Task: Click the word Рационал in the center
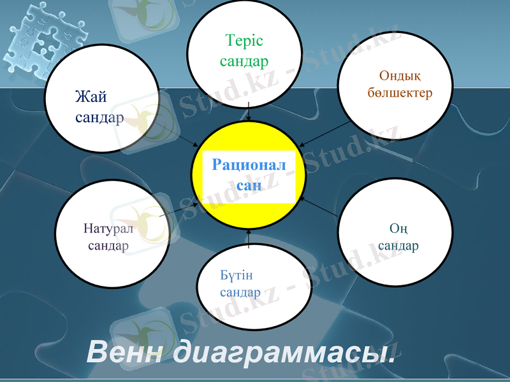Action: click(249, 166)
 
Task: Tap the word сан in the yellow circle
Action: click(249, 185)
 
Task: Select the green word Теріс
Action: click(244, 41)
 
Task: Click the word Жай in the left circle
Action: click(91, 97)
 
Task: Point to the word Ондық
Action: click(400, 76)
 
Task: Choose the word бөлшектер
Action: click(400, 93)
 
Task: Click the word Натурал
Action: click(108, 229)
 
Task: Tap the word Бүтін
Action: click(237, 275)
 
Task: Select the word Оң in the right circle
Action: click(398, 228)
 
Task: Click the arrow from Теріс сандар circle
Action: click(249, 111)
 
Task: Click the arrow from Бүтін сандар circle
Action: click(249, 238)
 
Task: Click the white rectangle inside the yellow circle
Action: click(249, 176)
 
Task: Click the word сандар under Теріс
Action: click(244, 61)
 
